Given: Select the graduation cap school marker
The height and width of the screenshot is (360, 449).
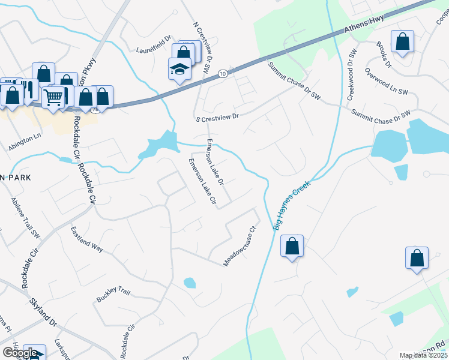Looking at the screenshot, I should (179, 70).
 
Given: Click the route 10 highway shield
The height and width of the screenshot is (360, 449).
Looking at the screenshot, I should (223, 73).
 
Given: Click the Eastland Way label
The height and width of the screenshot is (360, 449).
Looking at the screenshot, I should (87, 238).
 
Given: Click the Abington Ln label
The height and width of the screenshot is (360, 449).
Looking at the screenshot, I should (25, 142).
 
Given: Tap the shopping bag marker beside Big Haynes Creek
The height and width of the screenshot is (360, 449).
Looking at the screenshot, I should (292, 246).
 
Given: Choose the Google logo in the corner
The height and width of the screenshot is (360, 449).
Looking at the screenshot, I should (20, 353).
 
